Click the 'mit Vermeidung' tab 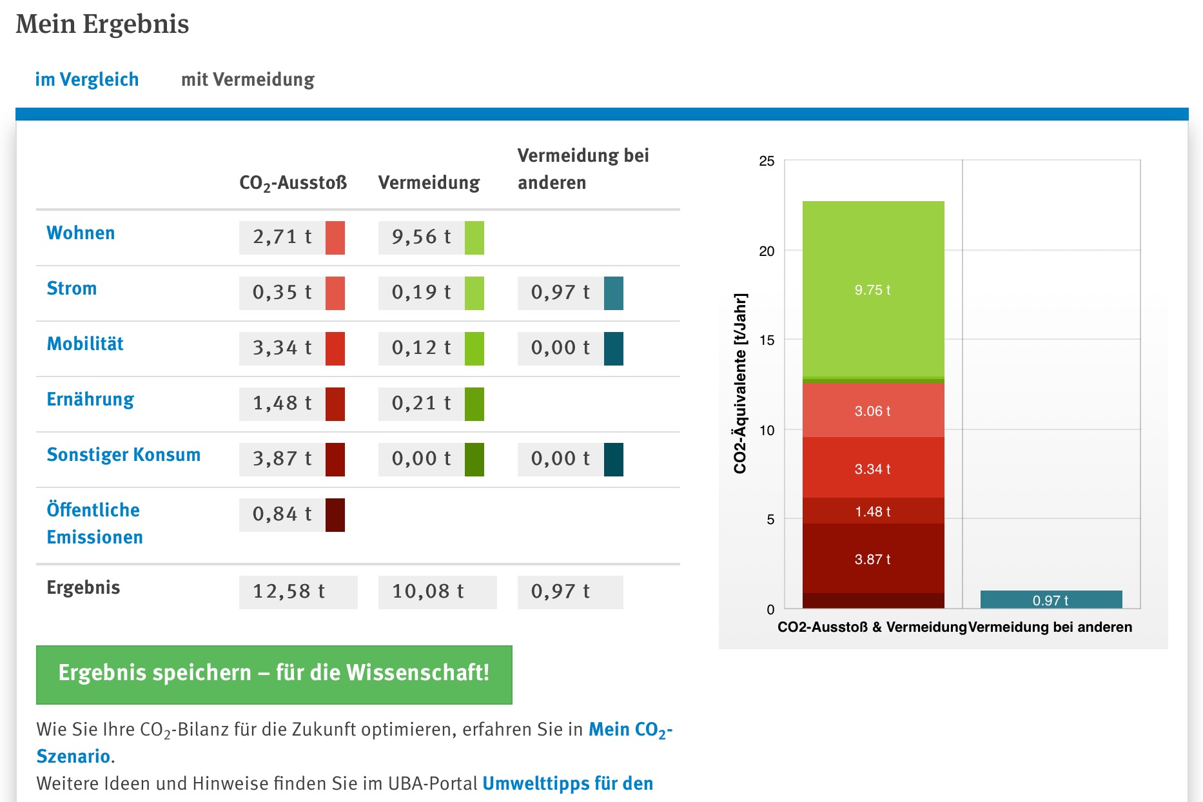coord(248,79)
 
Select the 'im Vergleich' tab coord(87,79)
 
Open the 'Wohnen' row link coord(81,233)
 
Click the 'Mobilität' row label coord(85,344)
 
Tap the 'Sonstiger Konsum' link coord(123,455)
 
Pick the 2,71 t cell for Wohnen coord(282,237)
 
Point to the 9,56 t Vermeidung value coord(422,237)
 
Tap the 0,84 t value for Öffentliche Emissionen coord(282,514)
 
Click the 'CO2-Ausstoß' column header coord(293,183)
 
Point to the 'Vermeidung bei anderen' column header coord(583,169)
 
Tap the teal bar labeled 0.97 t coord(1051,600)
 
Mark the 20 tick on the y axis coord(767,251)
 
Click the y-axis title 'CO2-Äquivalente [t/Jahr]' coord(740,384)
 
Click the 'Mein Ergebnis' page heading coord(103,24)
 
